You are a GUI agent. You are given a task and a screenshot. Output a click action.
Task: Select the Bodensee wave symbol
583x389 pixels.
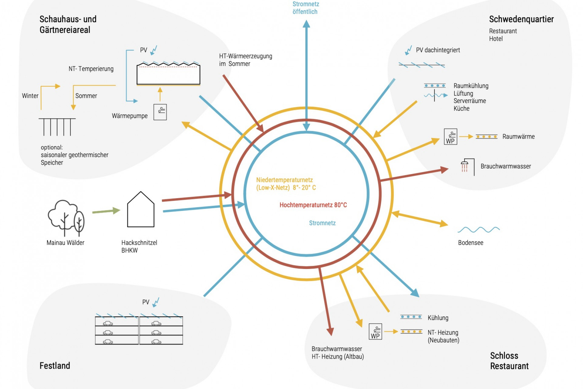tap(478, 229)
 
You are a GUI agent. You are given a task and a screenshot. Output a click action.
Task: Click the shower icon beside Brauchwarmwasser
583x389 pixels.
tap(465, 166)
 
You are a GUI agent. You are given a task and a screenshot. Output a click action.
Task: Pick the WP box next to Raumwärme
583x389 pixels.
tap(450, 136)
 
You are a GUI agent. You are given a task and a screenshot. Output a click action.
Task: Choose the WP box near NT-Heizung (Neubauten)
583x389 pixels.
tap(375, 332)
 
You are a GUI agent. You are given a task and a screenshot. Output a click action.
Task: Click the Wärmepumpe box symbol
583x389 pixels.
tap(160, 112)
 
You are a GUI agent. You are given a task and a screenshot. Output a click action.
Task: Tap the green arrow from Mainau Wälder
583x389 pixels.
tap(106, 211)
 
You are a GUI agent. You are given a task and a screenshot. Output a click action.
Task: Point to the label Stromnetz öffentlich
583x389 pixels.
tap(305, 8)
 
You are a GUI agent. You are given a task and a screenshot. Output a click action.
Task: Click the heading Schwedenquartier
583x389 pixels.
tap(521, 19)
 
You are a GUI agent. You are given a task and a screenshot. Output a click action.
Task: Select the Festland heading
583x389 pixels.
tap(55, 366)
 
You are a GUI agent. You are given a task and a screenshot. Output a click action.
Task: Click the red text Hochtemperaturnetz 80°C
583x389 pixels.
tap(313, 205)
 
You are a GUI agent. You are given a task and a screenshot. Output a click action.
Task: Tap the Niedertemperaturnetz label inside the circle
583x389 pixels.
tap(286, 184)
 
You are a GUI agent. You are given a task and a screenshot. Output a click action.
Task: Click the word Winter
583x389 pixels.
tap(30, 96)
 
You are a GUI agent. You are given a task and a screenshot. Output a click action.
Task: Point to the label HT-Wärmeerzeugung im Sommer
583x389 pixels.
tap(245, 60)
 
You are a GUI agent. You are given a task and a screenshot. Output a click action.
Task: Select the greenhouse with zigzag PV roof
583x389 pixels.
tap(168, 74)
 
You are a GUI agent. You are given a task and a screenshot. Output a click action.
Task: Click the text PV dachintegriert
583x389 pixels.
tap(438, 50)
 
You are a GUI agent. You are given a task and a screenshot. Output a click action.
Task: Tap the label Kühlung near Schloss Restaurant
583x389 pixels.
tap(438, 318)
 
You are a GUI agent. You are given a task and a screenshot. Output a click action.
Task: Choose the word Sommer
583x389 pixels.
tap(86, 96)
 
